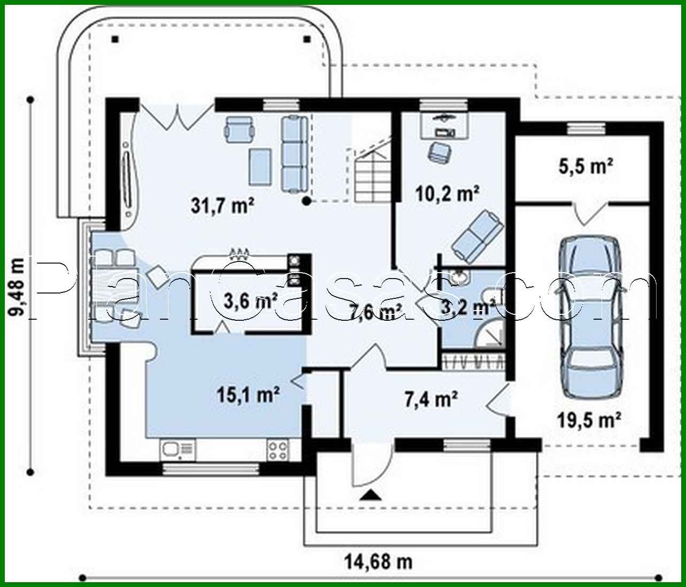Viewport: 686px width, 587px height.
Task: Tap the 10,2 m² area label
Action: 447,193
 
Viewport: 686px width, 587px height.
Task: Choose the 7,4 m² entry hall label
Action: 430,398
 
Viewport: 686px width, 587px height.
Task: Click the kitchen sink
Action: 177,450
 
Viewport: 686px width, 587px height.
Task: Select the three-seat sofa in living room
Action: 293,153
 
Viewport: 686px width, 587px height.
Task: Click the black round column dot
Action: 306,201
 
